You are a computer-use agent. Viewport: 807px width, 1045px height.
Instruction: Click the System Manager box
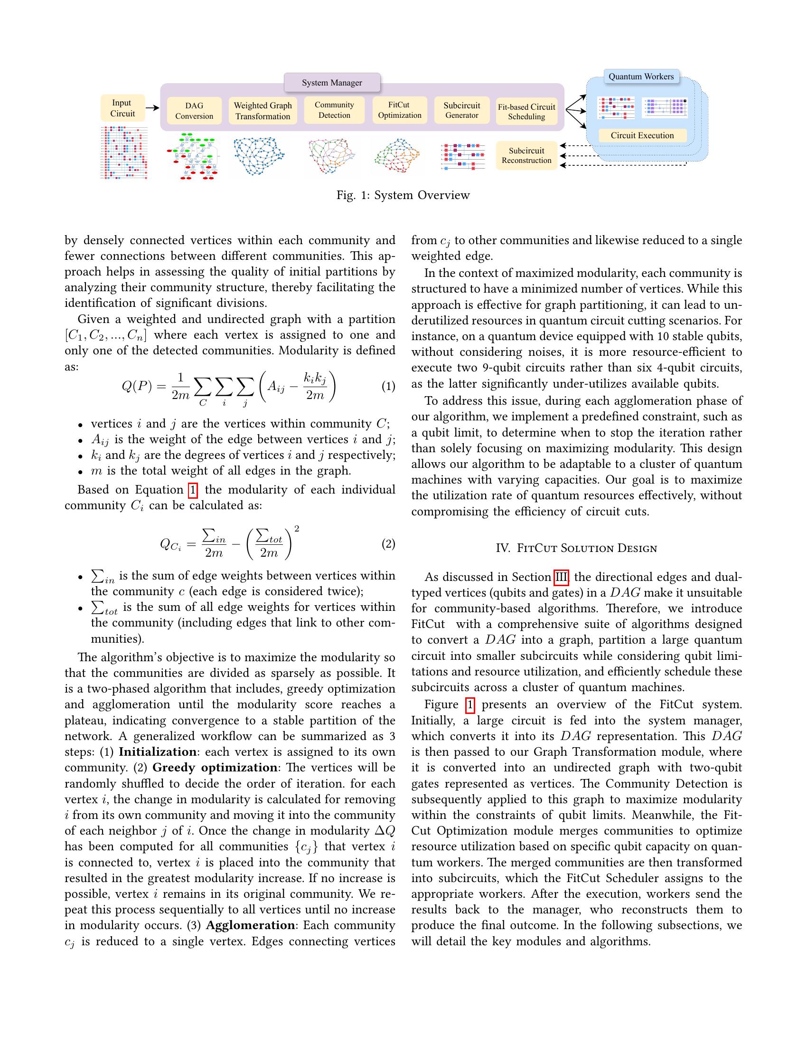[332, 82]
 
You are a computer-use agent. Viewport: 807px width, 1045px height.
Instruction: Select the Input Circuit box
[122, 108]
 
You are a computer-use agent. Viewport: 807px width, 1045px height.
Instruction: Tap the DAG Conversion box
[194, 111]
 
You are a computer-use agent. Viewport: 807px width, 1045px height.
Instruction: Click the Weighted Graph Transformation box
[263, 111]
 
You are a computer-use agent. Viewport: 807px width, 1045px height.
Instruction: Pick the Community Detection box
[334, 110]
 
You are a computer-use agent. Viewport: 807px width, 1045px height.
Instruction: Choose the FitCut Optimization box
[399, 110]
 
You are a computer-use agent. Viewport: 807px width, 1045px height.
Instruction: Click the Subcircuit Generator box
[461, 110]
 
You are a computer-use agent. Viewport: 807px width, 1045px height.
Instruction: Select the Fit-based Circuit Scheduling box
[526, 112]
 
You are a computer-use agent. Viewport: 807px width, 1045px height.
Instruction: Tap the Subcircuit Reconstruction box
[526, 155]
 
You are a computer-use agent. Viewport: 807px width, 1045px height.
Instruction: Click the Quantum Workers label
[641, 76]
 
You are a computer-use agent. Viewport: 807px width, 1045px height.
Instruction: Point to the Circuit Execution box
[642, 135]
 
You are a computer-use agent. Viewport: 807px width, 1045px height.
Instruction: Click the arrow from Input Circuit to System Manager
[152, 108]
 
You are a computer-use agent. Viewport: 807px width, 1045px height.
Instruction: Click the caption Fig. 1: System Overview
[403, 195]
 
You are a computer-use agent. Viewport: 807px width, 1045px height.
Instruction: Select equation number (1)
[388, 387]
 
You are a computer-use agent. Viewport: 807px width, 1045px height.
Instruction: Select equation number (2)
[388, 544]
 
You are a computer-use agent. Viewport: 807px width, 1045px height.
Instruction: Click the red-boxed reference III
[561, 577]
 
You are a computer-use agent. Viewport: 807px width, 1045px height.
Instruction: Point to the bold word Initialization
[157, 752]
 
